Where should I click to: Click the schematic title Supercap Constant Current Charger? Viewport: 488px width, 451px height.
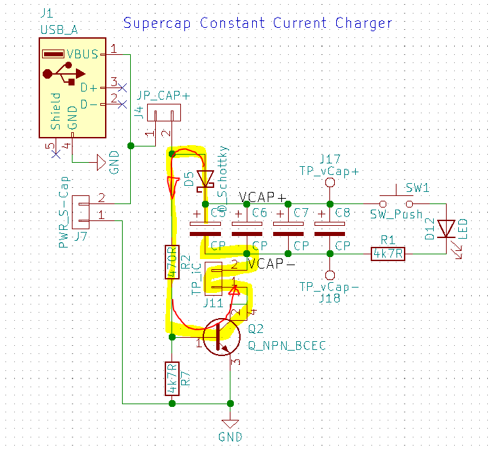258,23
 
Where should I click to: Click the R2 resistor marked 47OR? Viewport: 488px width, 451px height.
171,262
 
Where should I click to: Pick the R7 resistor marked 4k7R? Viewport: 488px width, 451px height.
171,378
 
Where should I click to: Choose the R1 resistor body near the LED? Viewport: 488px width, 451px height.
388,254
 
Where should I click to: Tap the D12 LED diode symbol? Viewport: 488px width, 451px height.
445,229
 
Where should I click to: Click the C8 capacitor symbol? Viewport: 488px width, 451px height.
329,229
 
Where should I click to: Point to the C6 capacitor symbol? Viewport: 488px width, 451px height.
239,229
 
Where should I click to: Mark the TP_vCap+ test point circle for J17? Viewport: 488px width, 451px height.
329,183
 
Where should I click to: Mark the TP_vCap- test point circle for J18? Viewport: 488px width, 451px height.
329,275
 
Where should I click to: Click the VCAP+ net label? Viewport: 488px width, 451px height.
263,197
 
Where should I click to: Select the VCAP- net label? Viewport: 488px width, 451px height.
271,264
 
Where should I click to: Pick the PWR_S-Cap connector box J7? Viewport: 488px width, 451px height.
81,211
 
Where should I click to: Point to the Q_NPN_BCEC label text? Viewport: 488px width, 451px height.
287,345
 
